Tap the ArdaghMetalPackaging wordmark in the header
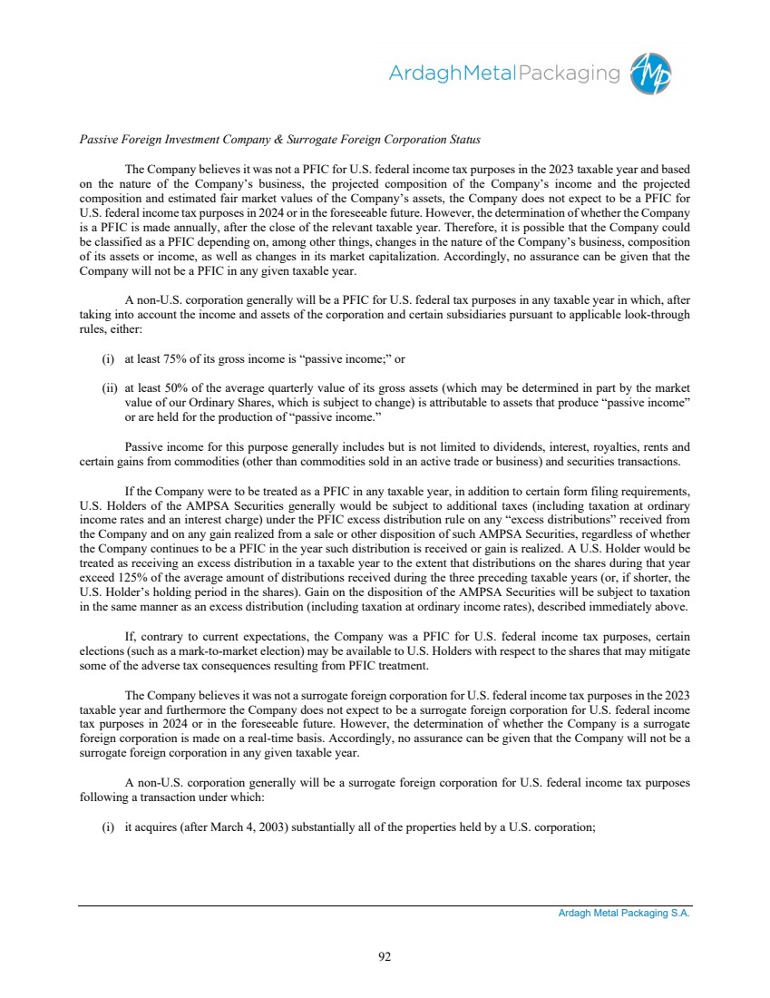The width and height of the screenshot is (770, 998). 504,73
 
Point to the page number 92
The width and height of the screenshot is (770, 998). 385,954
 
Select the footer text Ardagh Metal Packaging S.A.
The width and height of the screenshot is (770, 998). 624,914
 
